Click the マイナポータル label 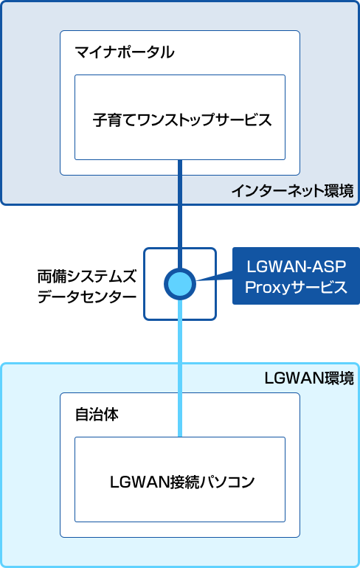[124, 52]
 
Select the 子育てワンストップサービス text [182, 120]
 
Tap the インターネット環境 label [292, 191]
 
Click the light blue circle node [180, 284]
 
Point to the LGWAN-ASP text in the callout [297, 266]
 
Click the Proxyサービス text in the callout [297, 287]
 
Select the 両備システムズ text [87, 277]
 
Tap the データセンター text [87, 297]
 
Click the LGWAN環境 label [309, 378]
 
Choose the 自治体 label [97, 415]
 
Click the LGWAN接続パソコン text [182, 482]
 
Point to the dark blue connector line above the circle [180, 214]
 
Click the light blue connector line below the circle [180, 368]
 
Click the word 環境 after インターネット [339, 191]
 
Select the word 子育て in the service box [114, 120]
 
